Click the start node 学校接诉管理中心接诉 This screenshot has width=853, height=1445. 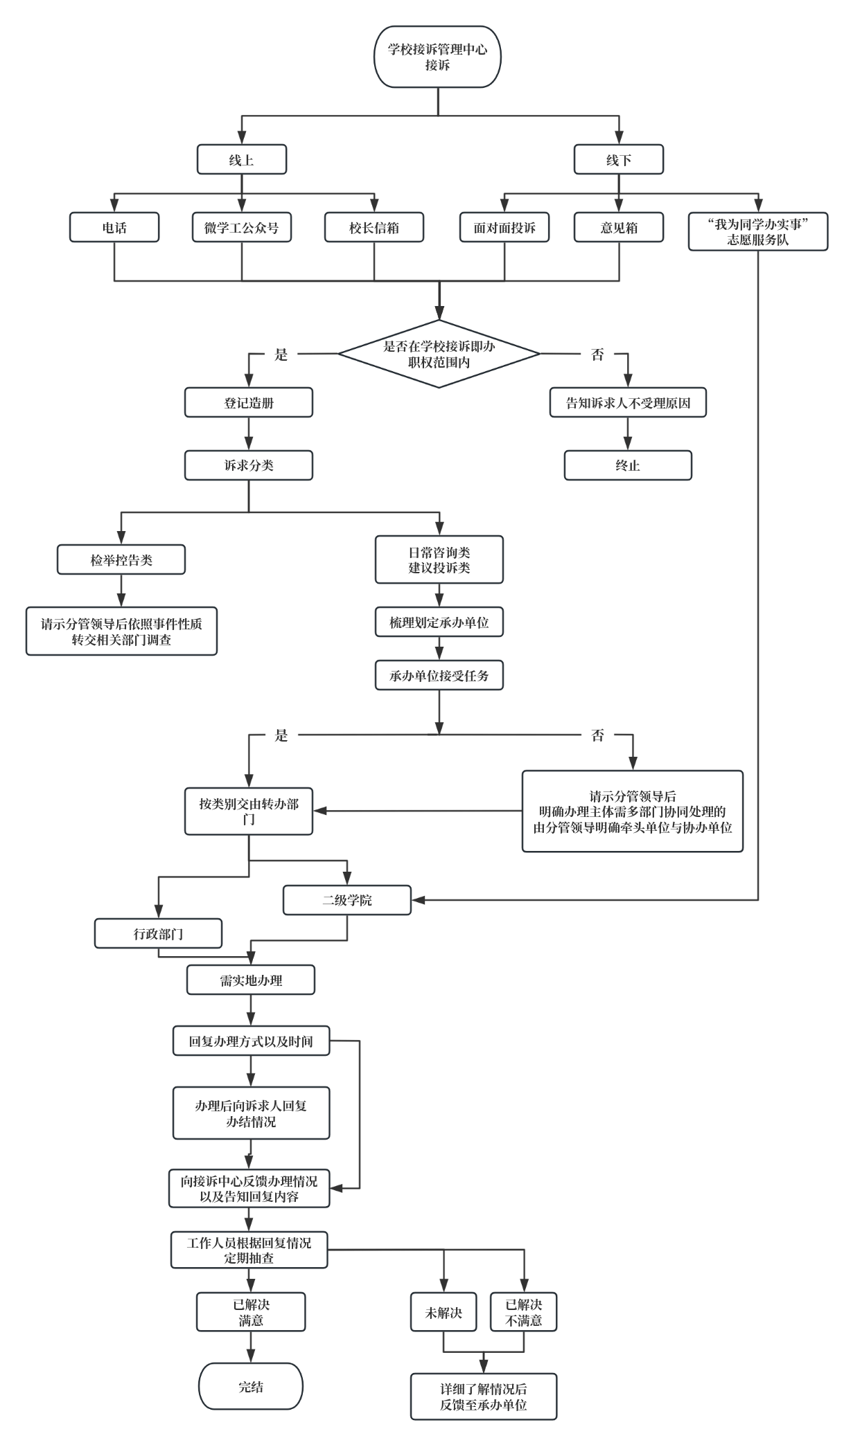pos(437,57)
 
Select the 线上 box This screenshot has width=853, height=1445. pos(241,160)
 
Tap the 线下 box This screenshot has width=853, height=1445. pos(619,160)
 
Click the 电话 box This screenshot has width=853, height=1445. pos(114,228)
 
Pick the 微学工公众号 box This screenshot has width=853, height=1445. pos(241,228)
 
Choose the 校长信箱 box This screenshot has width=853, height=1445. pos(374,228)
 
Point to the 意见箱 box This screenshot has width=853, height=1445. pos(619,228)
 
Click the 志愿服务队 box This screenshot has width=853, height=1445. pos(758,232)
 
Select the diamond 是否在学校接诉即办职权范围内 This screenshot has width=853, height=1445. pos(439,354)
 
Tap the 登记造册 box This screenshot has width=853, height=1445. pos(249,403)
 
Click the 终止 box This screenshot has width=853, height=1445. pos(628,465)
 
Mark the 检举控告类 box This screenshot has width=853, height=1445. pos(121,559)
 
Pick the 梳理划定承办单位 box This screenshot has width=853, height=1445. pos(439,622)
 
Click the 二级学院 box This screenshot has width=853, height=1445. pos(347,900)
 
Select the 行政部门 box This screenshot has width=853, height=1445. pos(158,934)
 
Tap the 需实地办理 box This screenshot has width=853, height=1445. pos(251,980)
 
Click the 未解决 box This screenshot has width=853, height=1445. pos(443,1312)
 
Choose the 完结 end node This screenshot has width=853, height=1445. pos(251,1387)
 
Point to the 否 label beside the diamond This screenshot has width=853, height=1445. pos(597,354)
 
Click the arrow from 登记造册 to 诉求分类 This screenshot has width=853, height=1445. pos(249,434)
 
